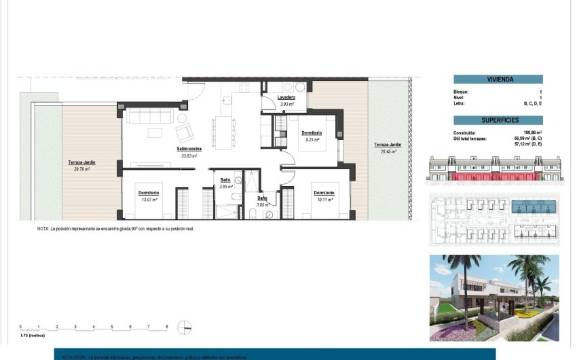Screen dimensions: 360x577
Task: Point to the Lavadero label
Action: click(x=286, y=98)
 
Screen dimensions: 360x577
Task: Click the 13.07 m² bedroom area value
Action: click(x=149, y=200)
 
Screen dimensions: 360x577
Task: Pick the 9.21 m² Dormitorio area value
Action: click(x=312, y=139)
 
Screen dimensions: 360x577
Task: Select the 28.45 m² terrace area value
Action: click(x=388, y=151)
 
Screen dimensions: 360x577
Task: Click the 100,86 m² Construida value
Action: click(x=533, y=132)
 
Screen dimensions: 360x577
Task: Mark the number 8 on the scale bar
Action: click(x=167, y=327)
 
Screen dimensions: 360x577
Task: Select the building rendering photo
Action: click(x=494, y=298)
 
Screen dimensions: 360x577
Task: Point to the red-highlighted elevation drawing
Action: click(x=494, y=170)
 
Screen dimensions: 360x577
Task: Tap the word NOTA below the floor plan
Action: click(x=43, y=229)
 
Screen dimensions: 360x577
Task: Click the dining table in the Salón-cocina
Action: click(x=223, y=128)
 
